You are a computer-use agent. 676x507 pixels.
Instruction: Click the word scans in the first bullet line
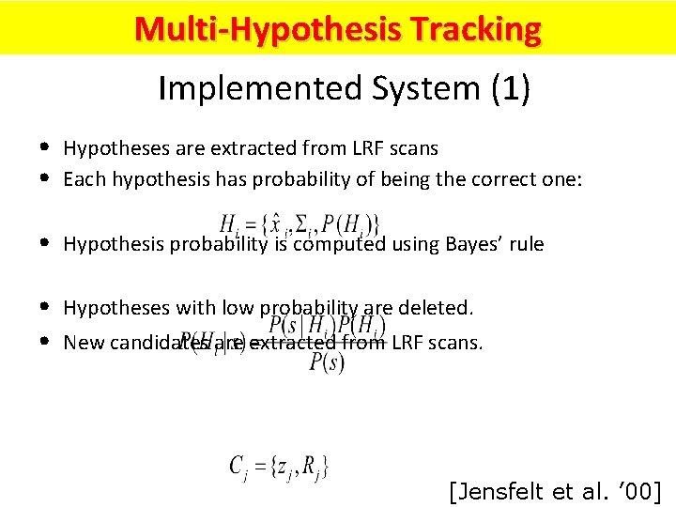[x=416, y=148]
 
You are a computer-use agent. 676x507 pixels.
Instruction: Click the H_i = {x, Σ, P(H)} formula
[x=300, y=224]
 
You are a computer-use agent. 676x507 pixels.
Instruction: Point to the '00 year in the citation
[x=636, y=490]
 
